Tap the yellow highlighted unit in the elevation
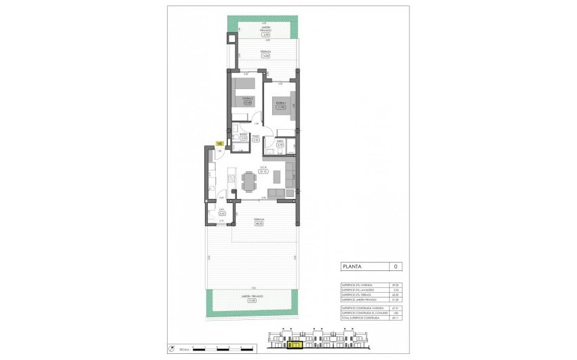(295, 345)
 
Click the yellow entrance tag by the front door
(219, 143)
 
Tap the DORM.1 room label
(280, 102)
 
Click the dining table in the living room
(249, 181)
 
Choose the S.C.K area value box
(263, 172)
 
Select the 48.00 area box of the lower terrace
(259, 223)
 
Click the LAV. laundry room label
(221, 209)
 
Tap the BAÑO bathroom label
(243, 134)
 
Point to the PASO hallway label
(256, 135)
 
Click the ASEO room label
(280, 141)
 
